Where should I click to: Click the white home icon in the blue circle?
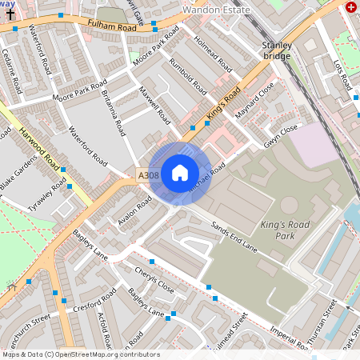180,173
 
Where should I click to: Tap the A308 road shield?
148,175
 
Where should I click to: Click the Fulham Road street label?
113,27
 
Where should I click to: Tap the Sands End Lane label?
234,238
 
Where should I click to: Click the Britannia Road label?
115,111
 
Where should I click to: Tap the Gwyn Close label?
281,136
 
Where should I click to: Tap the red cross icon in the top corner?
350,7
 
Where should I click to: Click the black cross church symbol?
8,15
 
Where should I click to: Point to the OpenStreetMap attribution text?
80,354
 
